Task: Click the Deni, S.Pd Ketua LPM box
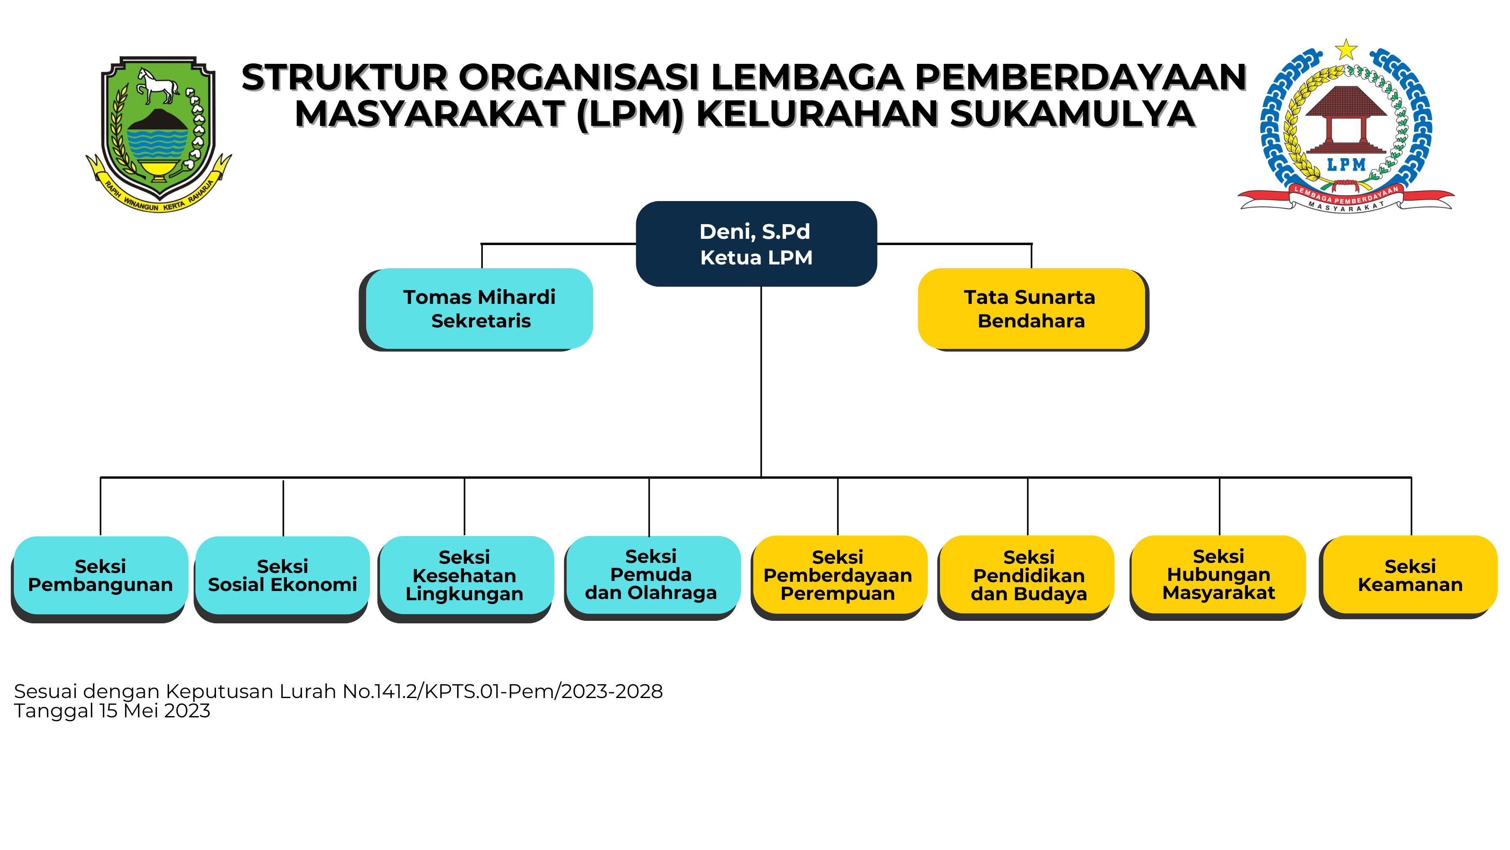[756, 244]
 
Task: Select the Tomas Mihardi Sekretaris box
[479, 309]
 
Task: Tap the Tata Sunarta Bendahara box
[1031, 309]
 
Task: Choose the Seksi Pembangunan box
[100, 575]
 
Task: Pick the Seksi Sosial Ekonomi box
[283, 575]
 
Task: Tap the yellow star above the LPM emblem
[1346, 50]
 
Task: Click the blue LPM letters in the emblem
[1346, 165]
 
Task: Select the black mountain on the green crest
[157, 120]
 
